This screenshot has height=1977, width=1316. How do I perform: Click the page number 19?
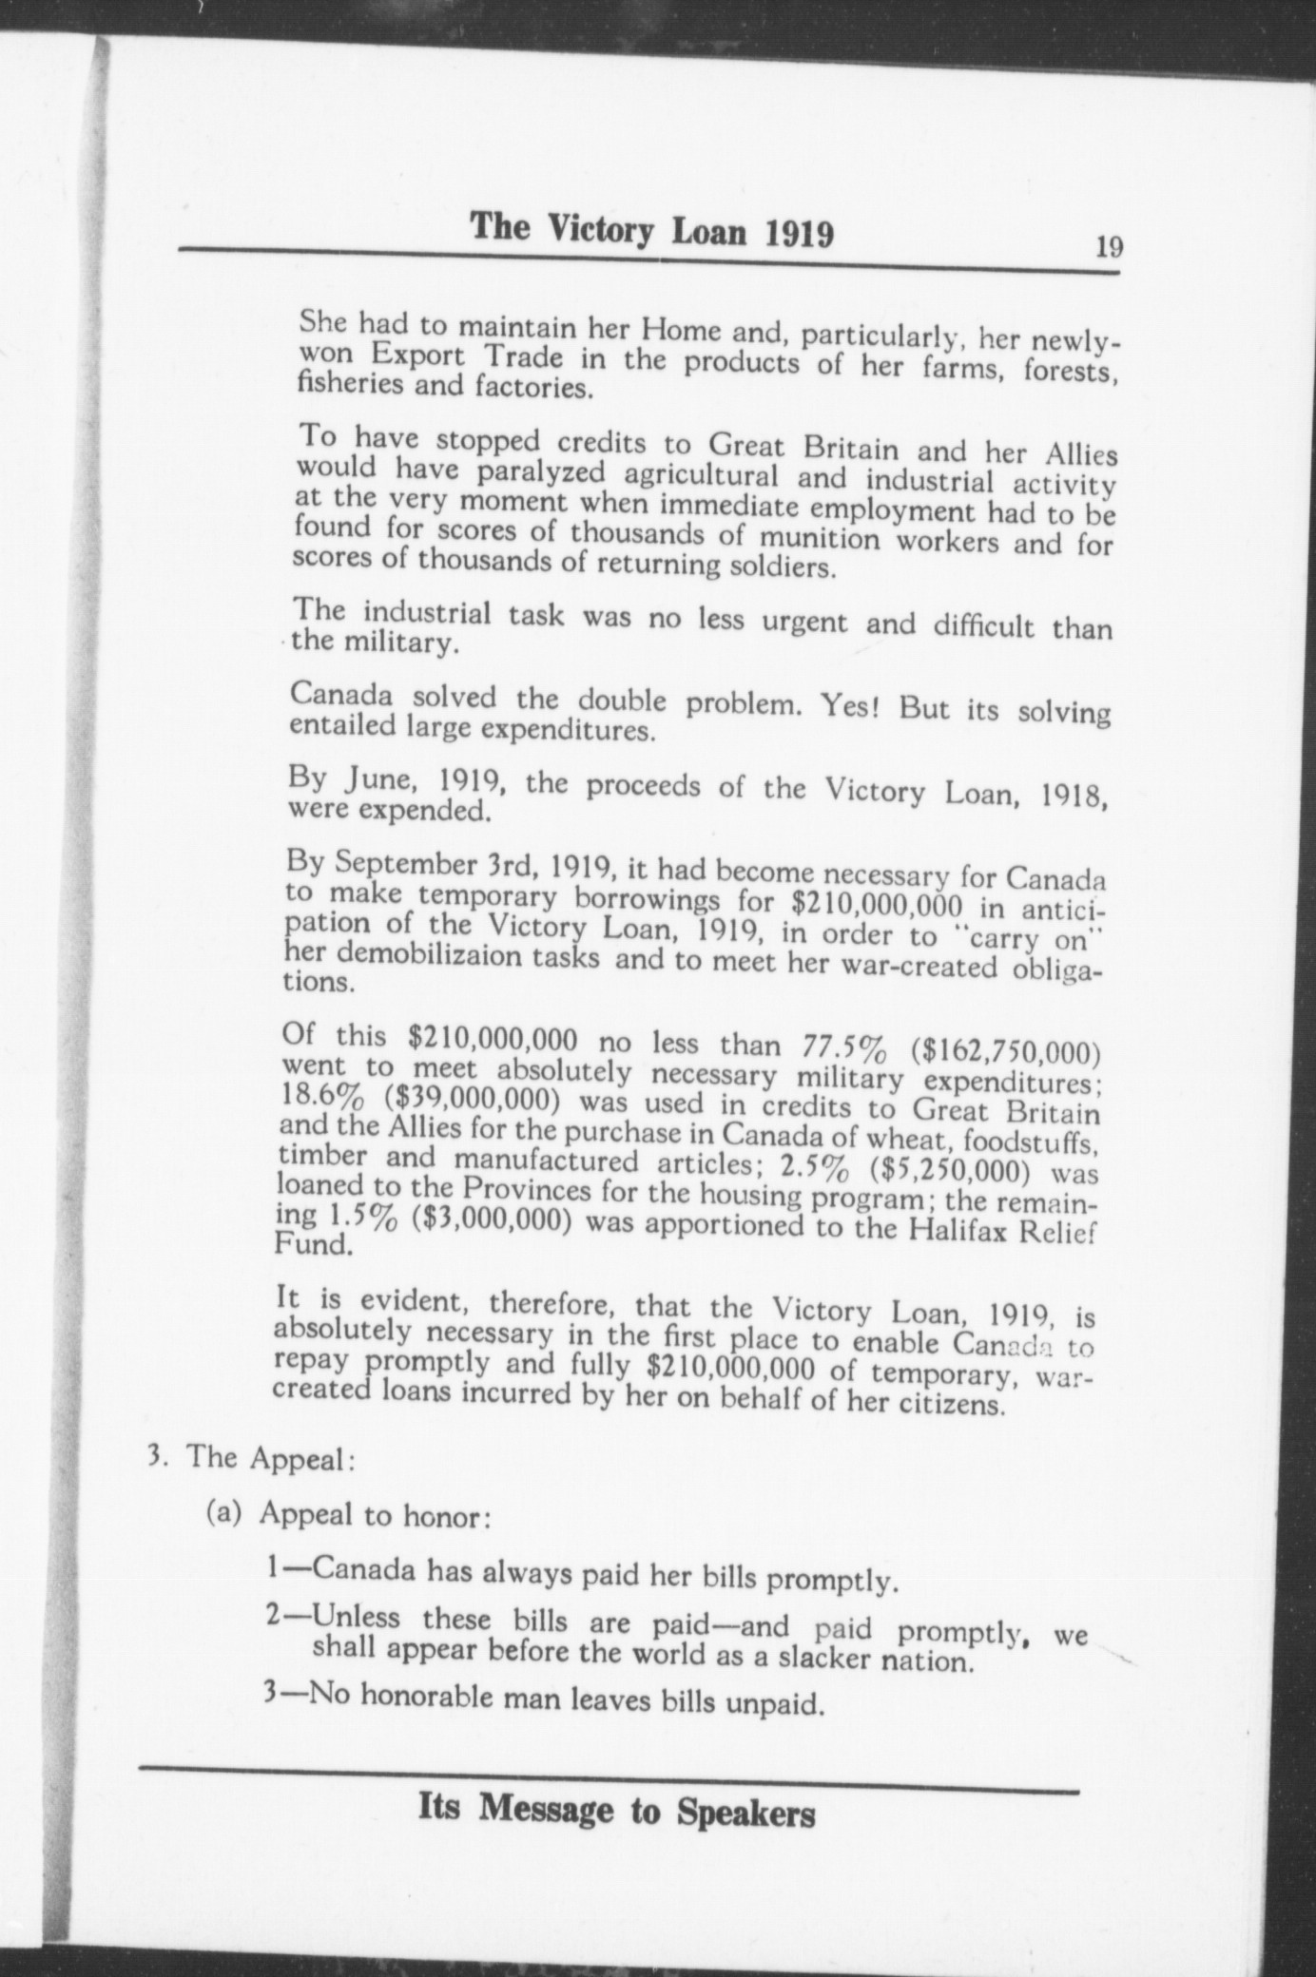tap(1109, 247)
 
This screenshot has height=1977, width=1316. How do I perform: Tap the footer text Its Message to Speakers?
tap(616, 1813)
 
